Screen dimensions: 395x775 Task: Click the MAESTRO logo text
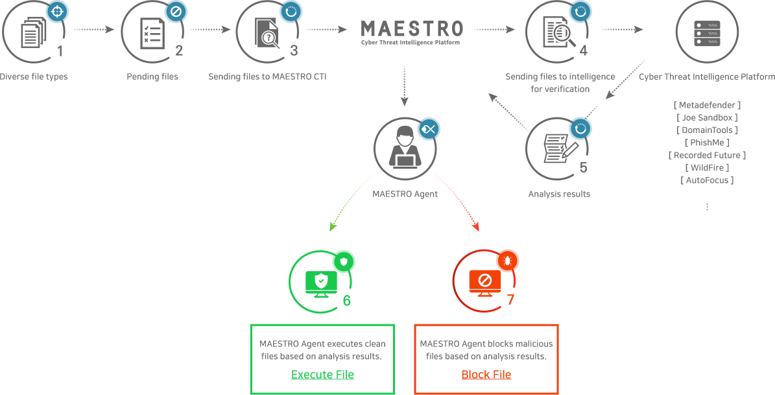(x=412, y=29)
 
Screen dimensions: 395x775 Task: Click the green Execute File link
(x=322, y=374)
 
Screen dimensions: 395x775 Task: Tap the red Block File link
(x=486, y=374)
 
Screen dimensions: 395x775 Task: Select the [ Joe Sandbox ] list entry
(x=707, y=117)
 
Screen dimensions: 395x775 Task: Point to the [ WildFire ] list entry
(x=707, y=167)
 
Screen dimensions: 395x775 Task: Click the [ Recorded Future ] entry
(x=707, y=155)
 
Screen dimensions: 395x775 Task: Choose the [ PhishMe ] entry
(x=707, y=143)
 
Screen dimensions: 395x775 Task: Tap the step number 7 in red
(x=510, y=300)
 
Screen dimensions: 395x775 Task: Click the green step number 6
(x=346, y=300)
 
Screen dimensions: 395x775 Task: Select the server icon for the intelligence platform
(x=707, y=32)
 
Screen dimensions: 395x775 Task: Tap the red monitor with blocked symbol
(x=485, y=282)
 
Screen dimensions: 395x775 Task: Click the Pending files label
(x=152, y=77)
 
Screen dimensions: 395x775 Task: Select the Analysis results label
(x=559, y=193)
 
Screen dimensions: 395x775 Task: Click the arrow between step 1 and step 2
(x=93, y=29)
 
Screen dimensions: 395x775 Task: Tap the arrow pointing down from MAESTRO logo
(x=404, y=84)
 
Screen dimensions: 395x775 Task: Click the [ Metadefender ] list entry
(x=707, y=105)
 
